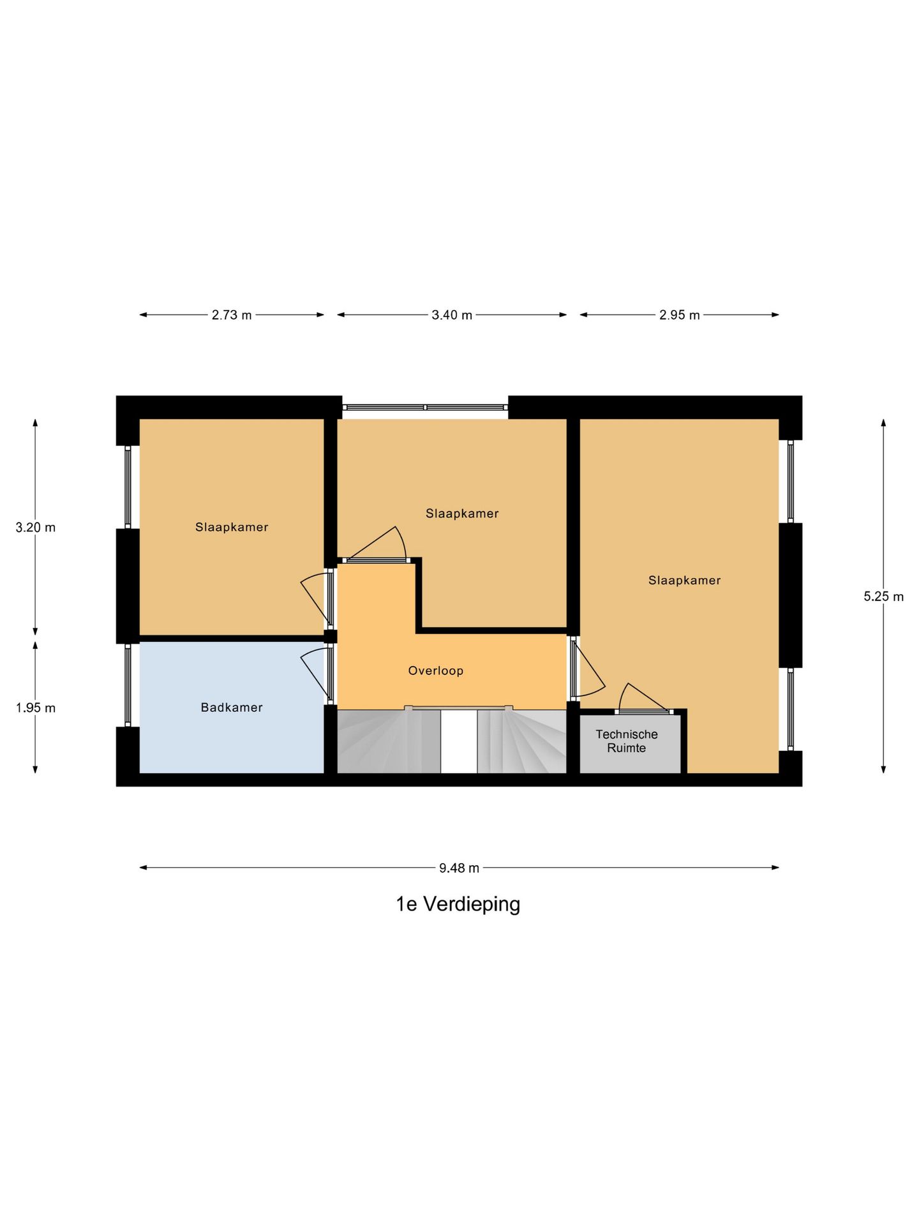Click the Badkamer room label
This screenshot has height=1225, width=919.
click(x=232, y=707)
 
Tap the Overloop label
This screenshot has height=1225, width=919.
click(x=436, y=671)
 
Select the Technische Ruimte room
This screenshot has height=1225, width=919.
click(x=627, y=741)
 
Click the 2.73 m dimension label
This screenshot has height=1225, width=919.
click(x=232, y=315)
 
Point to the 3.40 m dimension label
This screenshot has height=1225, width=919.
click(x=452, y=315)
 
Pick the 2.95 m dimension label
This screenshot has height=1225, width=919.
click(x=680, y=315)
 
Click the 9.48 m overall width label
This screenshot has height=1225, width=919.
click(x=459, y=868)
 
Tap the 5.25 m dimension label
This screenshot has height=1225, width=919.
click(x=884, y=597)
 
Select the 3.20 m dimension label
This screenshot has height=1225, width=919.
click(x=36, y=528)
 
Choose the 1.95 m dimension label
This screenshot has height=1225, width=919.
click(x=36, y=708)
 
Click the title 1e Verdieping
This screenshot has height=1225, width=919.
click(x=458, y=904)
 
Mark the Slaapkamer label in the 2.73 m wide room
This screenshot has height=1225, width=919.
click(x=232, y=527)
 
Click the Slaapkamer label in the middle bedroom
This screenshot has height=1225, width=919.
click(x=462, y=513)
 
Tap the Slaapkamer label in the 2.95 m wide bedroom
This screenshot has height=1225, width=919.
click(x=684, y=580)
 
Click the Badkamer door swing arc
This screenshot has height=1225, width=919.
click(x=314, y=670)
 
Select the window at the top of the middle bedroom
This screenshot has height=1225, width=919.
click(x=425, y=407)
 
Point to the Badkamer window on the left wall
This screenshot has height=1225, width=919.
click(x=128, y=685)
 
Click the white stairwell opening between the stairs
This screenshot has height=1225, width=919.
click(x=459, y=741)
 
